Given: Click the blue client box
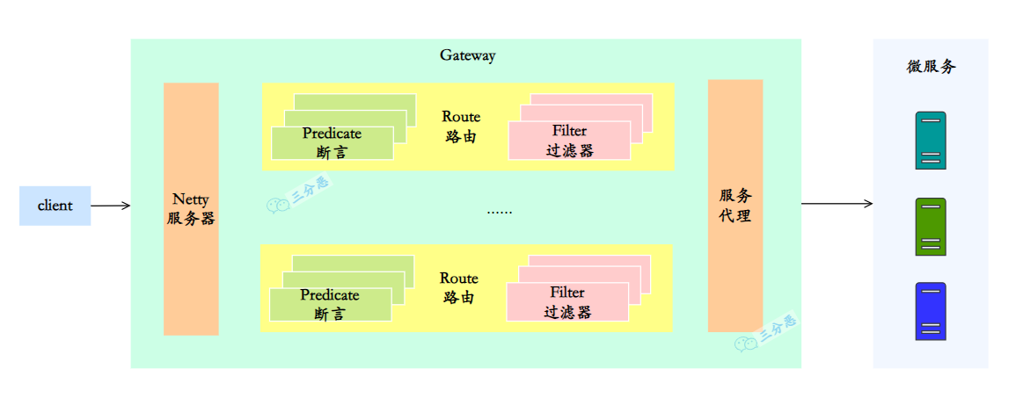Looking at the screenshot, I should point(55,206).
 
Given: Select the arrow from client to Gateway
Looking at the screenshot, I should point(110,206).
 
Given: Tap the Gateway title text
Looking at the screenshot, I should point(467,55).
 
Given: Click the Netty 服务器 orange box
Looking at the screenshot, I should point(191,209).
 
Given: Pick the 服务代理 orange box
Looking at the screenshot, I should point(735,206).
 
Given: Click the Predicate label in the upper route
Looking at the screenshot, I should point(332,134).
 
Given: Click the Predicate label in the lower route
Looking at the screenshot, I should point(330,295).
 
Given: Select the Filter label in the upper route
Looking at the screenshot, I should point(569,132).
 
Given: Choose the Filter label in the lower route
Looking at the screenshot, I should point(567,293).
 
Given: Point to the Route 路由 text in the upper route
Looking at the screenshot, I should point(461,127).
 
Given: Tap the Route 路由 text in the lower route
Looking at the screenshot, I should point(459,288).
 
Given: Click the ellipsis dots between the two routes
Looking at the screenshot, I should point(499,212).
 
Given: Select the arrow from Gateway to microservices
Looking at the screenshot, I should point(837,204).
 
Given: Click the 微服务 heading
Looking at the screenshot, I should point(931,67).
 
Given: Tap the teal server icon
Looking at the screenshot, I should point(930,141).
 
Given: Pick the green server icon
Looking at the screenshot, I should point(930,227).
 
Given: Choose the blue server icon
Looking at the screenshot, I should point(930,311).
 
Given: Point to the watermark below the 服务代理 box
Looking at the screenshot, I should point(765,336).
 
